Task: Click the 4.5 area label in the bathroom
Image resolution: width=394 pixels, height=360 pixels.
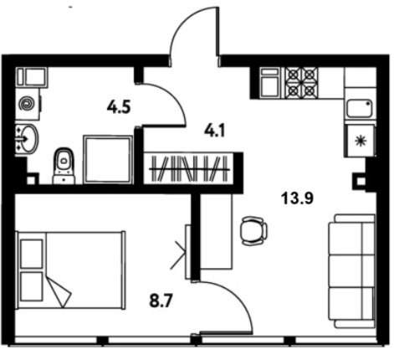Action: pos(119,107)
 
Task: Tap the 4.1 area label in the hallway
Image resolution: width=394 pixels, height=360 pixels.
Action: pos(214,131)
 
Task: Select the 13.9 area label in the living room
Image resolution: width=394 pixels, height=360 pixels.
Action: pos(297,198)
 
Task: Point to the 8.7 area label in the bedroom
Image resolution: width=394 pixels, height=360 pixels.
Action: pos(161,301)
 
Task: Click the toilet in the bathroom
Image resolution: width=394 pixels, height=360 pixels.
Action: pos(64,166)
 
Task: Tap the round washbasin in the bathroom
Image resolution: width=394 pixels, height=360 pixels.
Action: pos(28,139)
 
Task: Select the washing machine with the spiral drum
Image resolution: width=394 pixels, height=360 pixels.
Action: pos(28,105)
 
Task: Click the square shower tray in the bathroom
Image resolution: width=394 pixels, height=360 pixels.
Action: pos(108,160)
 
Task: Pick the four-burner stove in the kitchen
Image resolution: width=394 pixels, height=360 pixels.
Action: pos(302,83)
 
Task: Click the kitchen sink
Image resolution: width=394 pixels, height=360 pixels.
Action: pos(360,108)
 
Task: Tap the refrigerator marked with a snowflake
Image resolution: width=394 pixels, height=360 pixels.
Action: pos(361,141)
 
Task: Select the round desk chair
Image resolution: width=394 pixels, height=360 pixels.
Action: pos(253,231)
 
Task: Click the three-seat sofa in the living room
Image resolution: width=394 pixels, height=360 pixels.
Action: pos(352,270)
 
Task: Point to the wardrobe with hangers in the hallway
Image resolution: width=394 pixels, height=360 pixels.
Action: pos(190,168)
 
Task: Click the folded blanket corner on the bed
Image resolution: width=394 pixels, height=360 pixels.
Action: pos(59,292)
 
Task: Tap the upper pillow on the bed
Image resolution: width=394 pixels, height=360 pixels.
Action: pos(32,254)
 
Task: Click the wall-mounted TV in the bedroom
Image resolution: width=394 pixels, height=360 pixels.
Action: pos(188,252)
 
